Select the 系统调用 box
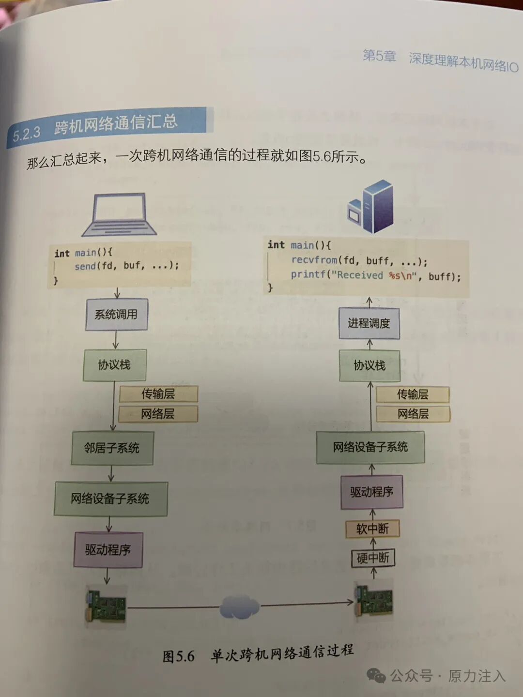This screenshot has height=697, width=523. [x=116, y=315]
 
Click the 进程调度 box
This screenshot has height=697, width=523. [x=369, y=323]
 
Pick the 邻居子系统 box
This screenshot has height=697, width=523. [x=112, y=448]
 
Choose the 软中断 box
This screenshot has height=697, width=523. [x=372, y=529]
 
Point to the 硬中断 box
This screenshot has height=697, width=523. [x=373, y=558]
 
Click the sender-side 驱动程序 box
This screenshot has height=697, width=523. [x=108, y=550]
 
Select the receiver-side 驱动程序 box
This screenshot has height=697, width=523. [x=371, y=492]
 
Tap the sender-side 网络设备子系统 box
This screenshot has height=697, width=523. [x=110, y=499]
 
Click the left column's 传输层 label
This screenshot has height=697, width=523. [x=158, y=394]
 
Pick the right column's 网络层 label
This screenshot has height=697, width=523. [x=413, y=414]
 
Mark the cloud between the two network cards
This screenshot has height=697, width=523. [x=240, y=607]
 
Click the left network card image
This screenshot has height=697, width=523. [x=106, y=606]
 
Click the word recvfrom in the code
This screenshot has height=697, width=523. [x=314, y=260]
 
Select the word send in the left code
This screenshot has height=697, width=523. [x=85, y=266]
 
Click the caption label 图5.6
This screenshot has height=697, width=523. [x=178, y=657]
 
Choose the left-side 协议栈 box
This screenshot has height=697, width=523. [x=115, y=365]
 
